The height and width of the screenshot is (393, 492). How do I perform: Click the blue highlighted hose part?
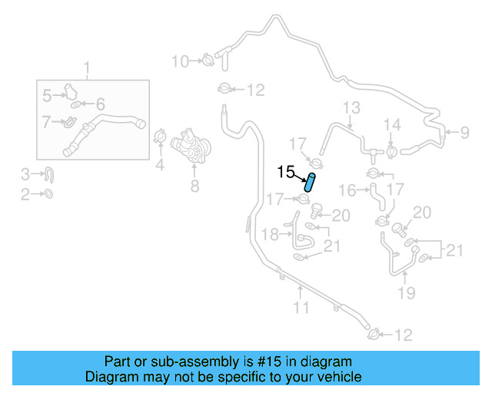click(x=310, y=182)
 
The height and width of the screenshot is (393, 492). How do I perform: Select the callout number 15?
click(x=286, y=173)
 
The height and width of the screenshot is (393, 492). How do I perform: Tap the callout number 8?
click(x=194, y=186)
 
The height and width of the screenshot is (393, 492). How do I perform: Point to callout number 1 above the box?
click(x=86, y=68)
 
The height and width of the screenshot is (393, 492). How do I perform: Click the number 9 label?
click(x=464, y=134)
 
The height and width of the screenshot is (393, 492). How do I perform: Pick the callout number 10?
click(x=180, y=61)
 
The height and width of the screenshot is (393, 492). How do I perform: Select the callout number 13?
click(x=351, y=107)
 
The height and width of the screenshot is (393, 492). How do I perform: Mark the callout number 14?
click(x=392, y=124)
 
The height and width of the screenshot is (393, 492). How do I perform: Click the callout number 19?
click(x=407, y=292)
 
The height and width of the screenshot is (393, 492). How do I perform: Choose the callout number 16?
click(x=348, y=190)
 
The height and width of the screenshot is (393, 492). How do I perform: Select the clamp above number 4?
click(x=160, y=137)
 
